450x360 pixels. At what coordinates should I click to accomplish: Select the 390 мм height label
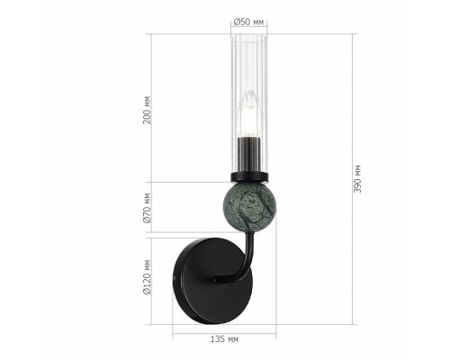tap(358, 179)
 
